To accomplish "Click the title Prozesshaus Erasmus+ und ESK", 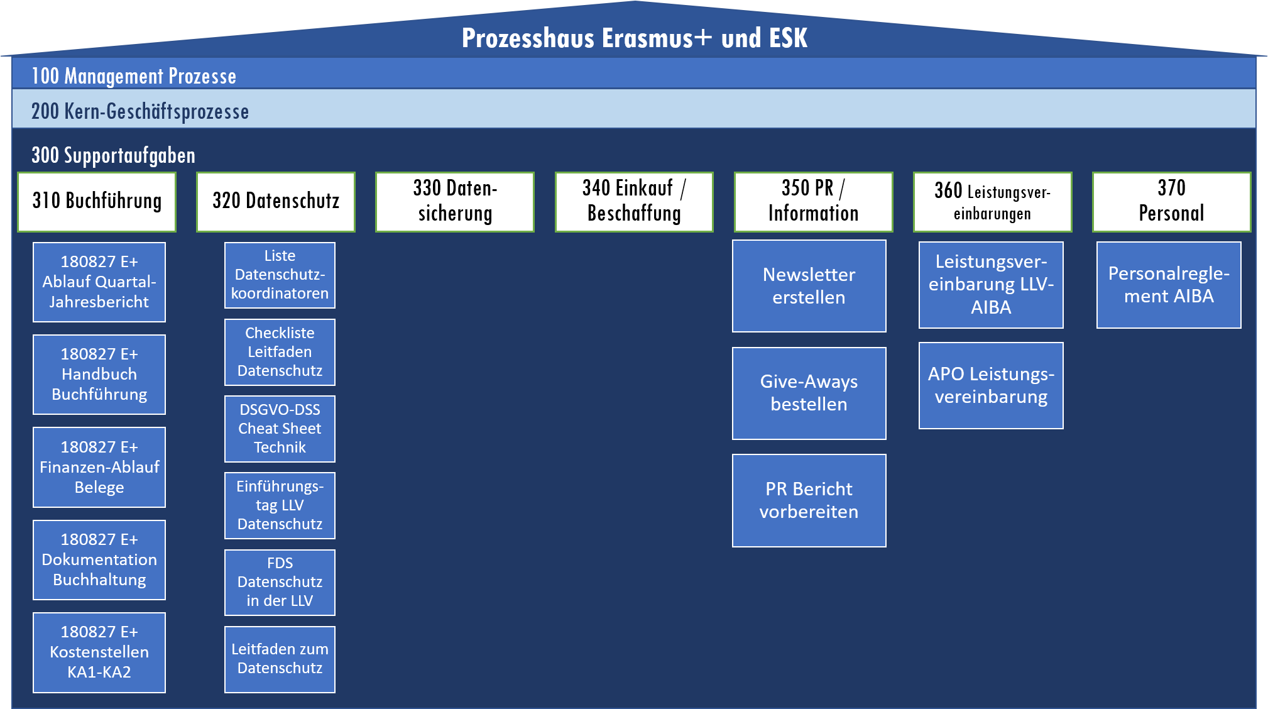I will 634,38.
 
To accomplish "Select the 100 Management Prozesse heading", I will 134,76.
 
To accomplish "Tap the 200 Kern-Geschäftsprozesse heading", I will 140,111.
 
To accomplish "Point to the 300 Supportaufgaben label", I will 113,155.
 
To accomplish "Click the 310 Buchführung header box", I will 97,202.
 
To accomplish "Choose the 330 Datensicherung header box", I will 455,202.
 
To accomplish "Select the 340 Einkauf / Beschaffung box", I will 634,202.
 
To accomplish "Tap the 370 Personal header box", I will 1171,202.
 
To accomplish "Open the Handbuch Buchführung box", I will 99,375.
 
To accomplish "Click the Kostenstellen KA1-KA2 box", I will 99,652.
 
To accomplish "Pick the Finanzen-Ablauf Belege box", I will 99,467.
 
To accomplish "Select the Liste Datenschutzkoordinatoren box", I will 280,275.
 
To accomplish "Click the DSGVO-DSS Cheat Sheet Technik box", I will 280,429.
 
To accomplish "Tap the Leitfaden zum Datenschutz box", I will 280,659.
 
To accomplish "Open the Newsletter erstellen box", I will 809,286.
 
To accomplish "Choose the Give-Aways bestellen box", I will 809,393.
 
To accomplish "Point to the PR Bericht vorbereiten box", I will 809,500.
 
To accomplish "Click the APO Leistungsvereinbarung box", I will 991,385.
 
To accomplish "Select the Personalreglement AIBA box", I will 1169,285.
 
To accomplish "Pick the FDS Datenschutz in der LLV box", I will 280,583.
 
